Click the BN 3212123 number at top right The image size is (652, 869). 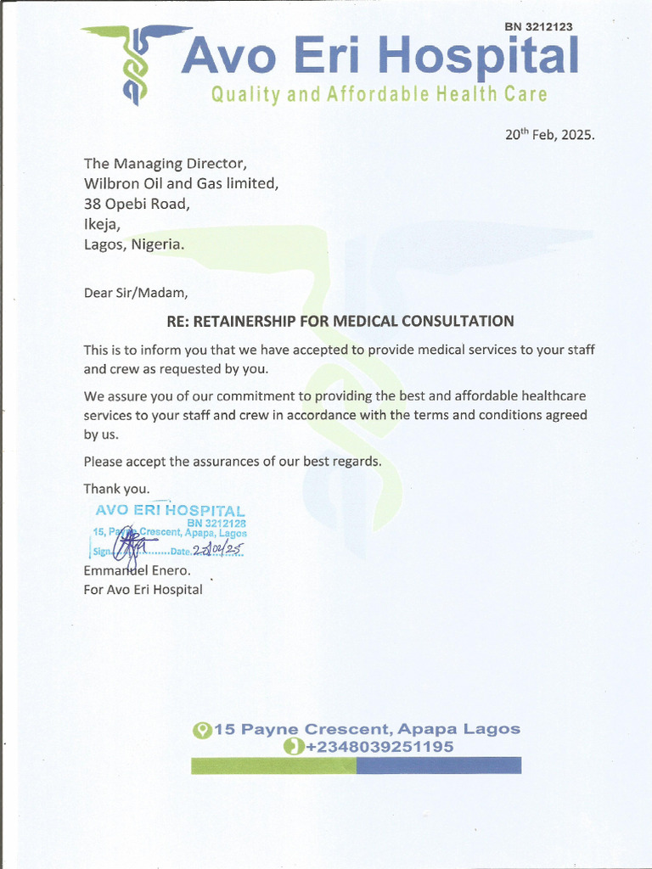point(538,26)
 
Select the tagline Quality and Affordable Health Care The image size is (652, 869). point(379,95)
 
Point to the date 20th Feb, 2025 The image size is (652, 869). point(550,135)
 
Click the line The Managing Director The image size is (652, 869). point(166,163)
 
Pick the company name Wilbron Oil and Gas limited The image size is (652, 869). point(180,183)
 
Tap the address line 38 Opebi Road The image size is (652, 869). point(137,204)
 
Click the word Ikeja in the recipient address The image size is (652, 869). point(102,224)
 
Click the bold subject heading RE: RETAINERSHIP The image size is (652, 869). point(340,321)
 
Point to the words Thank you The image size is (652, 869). point(116,489)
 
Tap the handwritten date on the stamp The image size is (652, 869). point(217,549)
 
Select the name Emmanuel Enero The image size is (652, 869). point(136,571)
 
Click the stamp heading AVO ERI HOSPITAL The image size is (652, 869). point(170,511)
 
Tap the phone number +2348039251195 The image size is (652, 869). point(379,747)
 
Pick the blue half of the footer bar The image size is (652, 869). point(438,765)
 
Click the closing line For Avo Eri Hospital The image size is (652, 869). point(143,590)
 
